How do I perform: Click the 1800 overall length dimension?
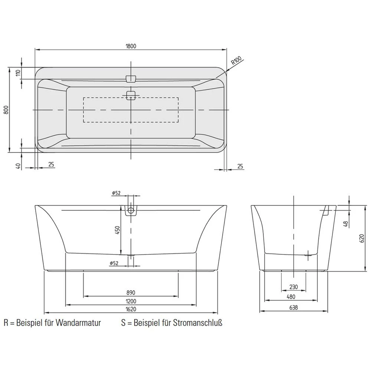click(131, 46)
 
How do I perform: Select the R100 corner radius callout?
click(236, 60)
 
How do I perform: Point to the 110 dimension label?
click(17, 73)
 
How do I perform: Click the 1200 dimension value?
click(131, 301)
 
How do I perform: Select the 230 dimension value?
click(293, 287)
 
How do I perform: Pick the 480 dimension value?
click(291, 297)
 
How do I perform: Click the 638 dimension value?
click(293, 308)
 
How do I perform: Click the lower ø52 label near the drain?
click(114, 263)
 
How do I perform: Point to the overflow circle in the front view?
click(130, 211)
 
